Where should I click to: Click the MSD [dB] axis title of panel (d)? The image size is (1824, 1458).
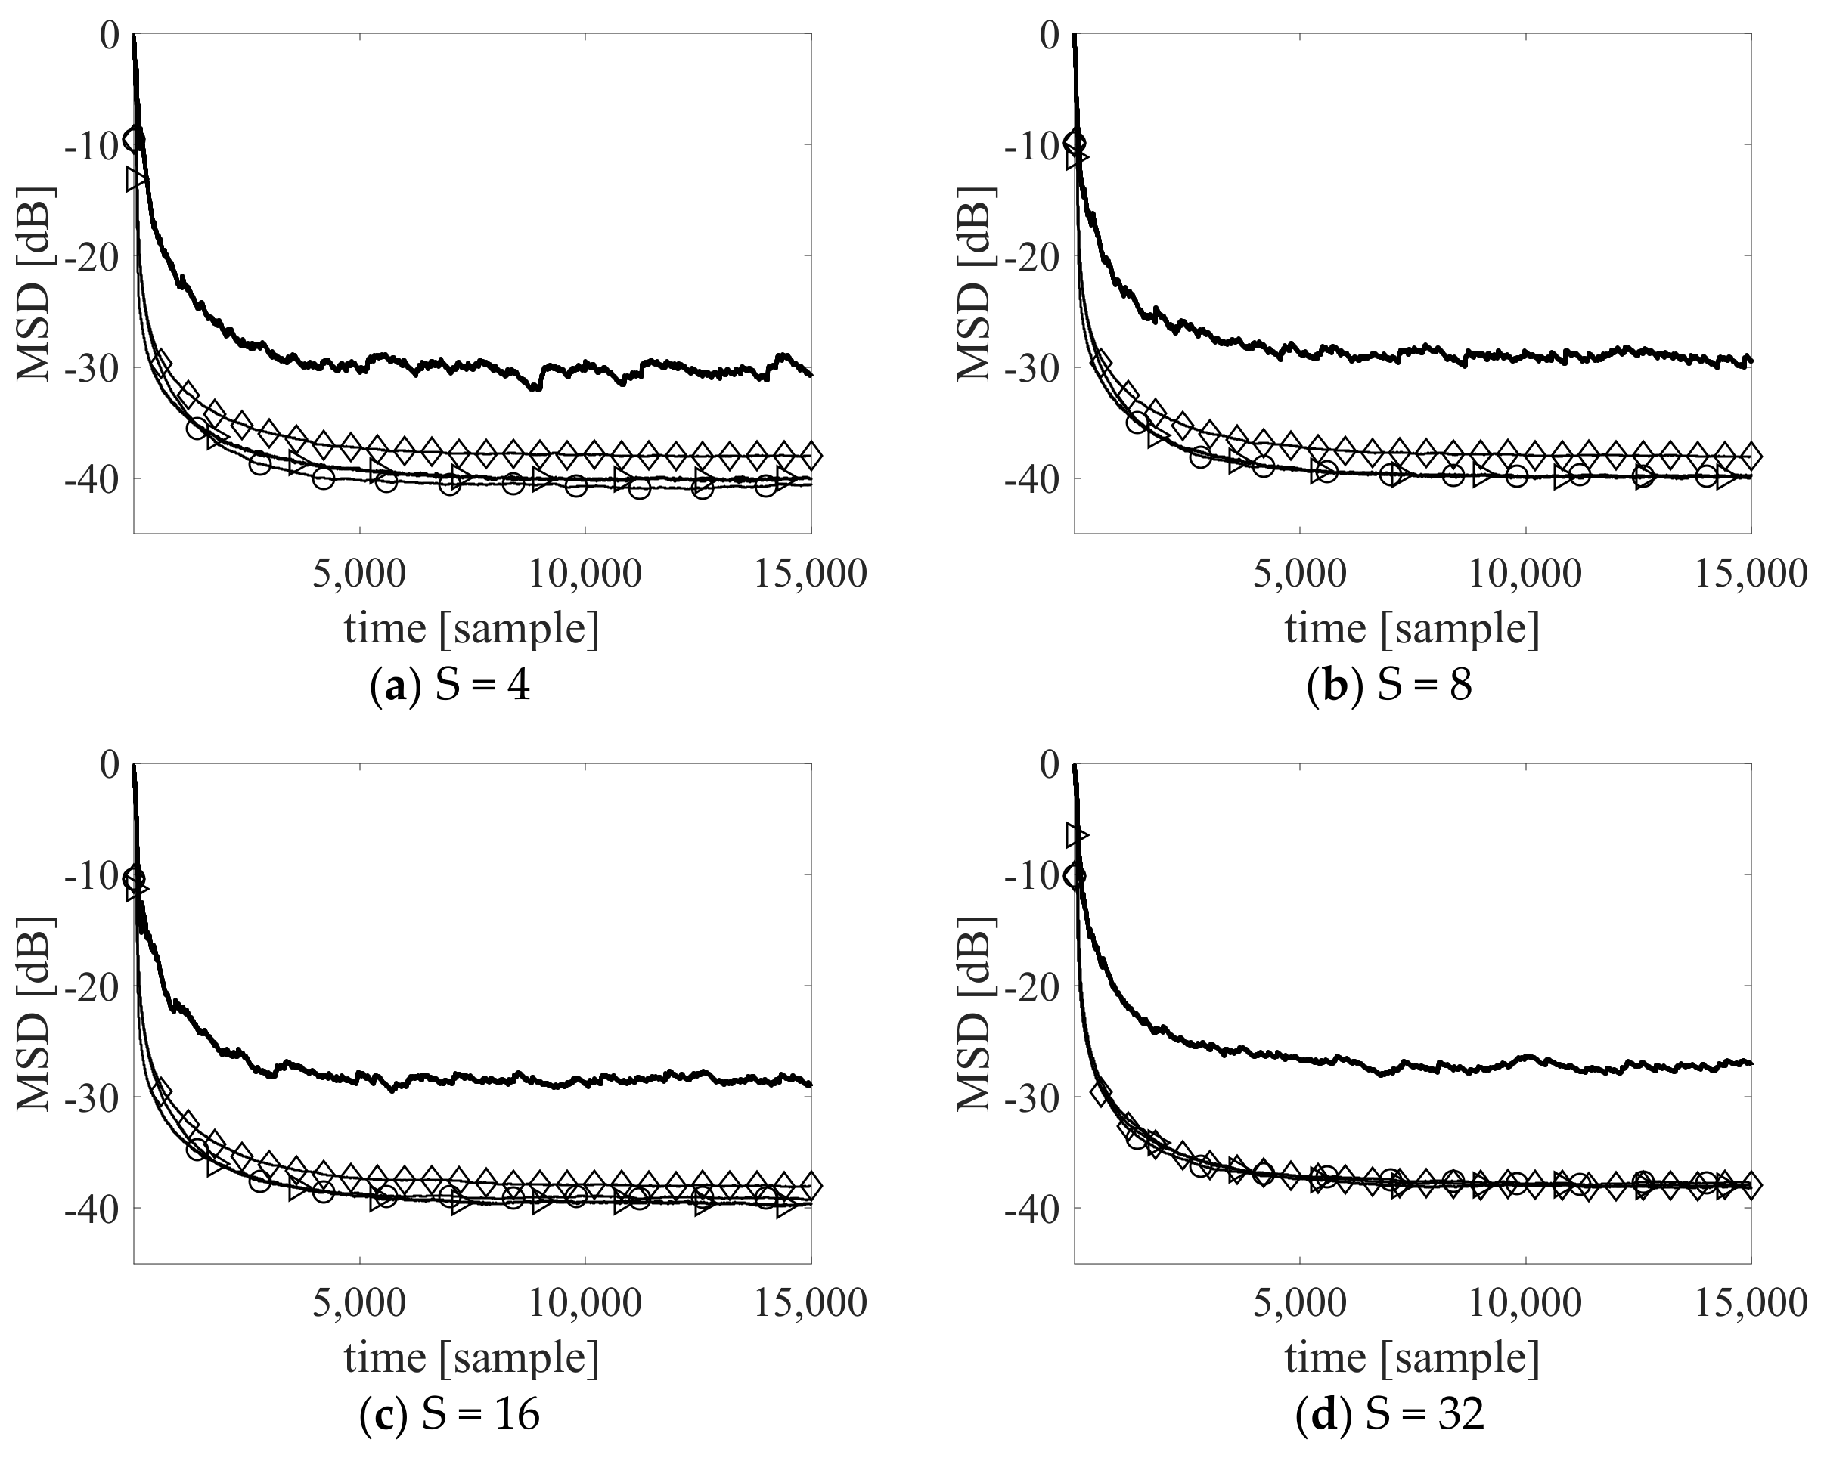[975, 1012]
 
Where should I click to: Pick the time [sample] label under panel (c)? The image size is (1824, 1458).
[471, 1359]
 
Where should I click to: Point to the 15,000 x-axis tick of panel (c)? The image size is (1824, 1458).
[810, 1303]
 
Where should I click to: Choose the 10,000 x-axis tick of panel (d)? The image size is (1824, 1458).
[1525, 1303]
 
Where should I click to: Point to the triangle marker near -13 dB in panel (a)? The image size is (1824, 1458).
[136, 179]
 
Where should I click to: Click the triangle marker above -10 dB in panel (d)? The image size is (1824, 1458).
[1077, 834]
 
